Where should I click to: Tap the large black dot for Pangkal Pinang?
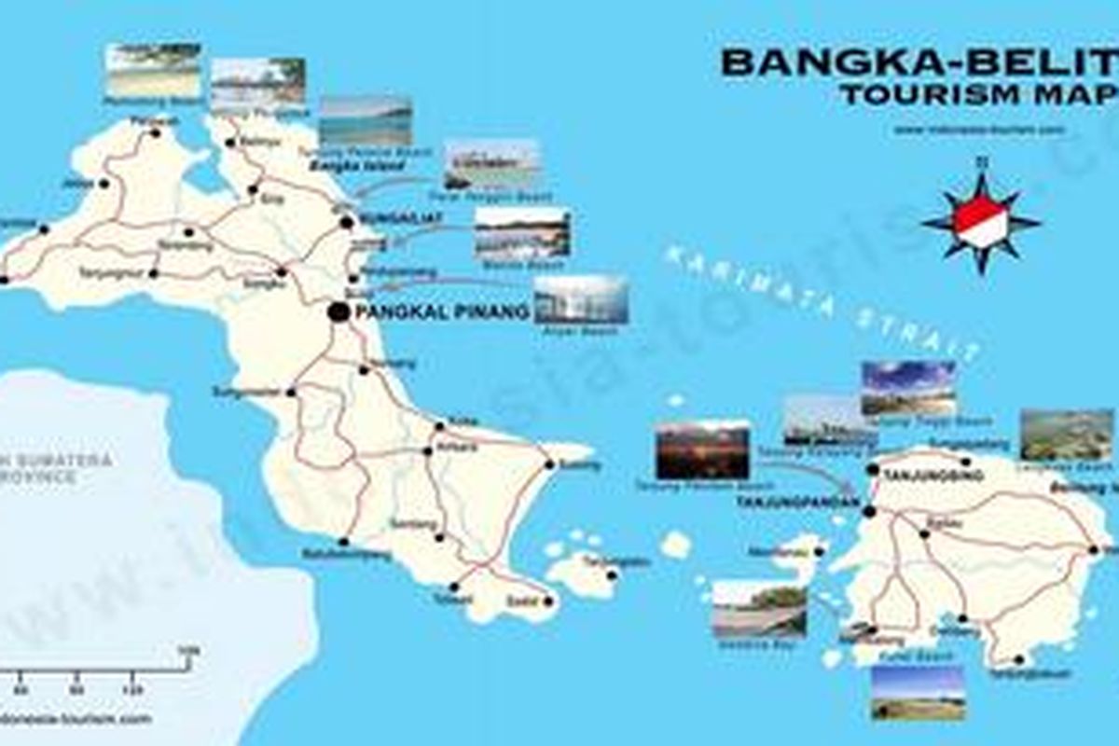tap(338, 313)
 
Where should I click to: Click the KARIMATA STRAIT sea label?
tap(821, 298)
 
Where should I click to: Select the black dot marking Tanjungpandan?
tap(869, 511)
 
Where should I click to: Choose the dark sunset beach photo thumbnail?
tap(702, 449)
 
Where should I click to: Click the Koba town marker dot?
tap(439, 427)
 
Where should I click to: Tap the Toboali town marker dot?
tap(453, 587)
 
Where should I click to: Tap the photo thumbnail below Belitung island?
tap(917, 693)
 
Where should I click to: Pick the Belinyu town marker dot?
tap(232, 144)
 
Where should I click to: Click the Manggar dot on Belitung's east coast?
tap(1094, 549)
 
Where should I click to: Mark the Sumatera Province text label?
tap(56, 467)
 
